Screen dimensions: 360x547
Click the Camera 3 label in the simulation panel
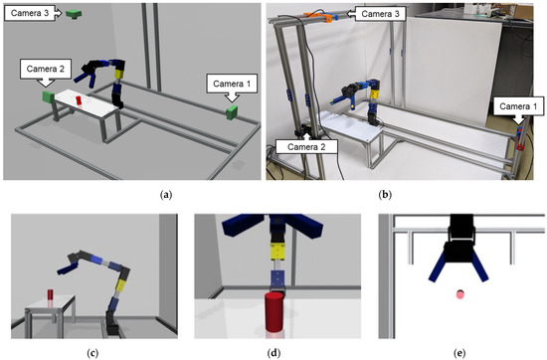pyautogui.click(x=30, y=12)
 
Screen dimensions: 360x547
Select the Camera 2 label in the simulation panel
pyautogui.click(x=46, y=68)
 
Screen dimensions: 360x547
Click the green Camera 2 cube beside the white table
pyautogui.click(x=46, y=97)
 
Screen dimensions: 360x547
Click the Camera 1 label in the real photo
pyautogui.click(x=517, y=104)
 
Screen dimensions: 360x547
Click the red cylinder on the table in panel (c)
pyautogui.click(x=48, y=296)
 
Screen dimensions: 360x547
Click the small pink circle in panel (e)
pyautogui.click(x=459, y=293)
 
